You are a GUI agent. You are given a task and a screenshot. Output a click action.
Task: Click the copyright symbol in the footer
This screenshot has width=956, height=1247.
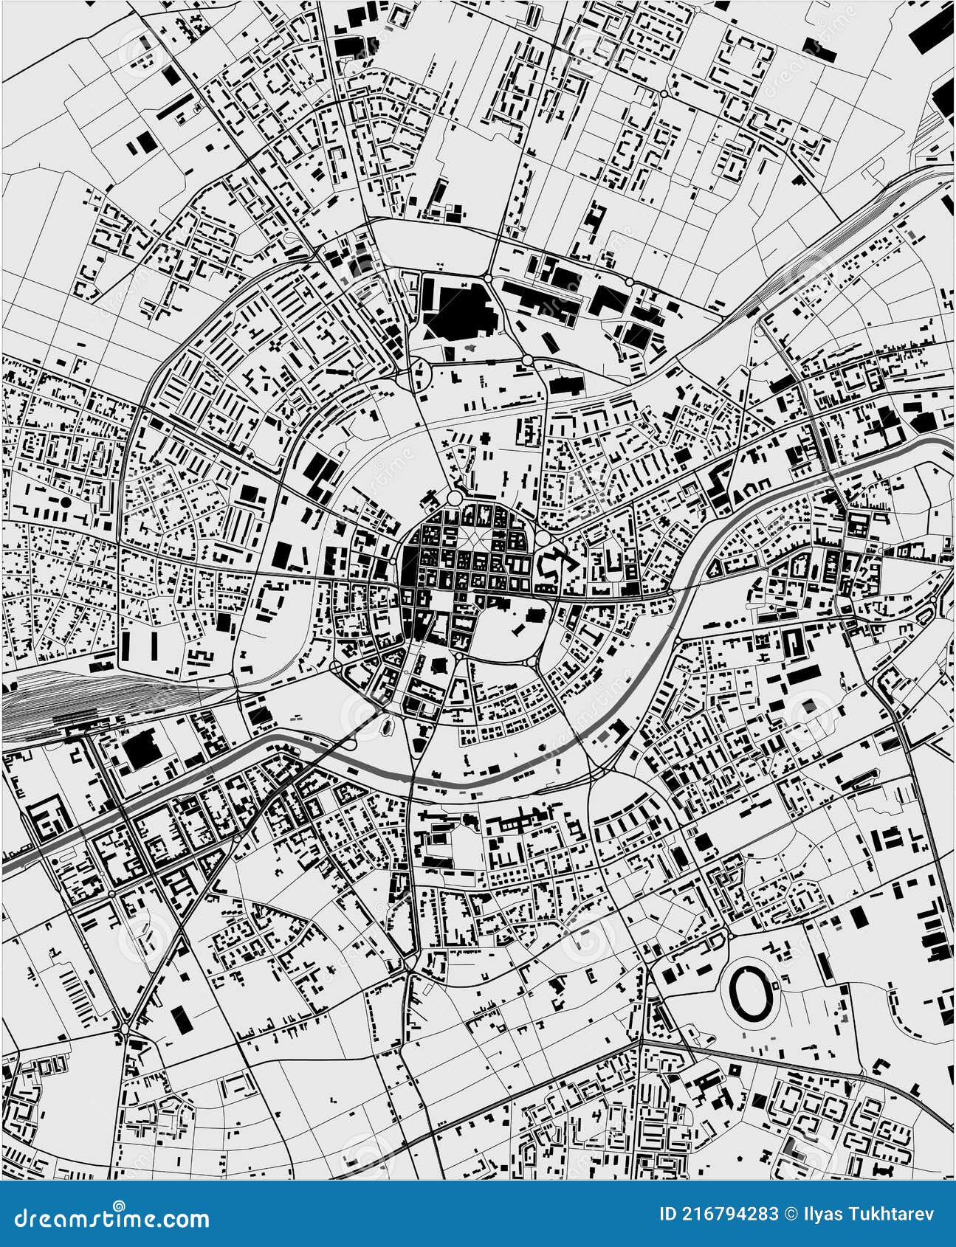point(792,1214)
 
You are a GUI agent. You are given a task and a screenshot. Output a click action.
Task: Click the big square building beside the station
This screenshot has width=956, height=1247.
point(140,751)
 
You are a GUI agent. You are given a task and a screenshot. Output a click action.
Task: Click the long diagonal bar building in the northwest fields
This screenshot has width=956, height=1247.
point(175,109)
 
